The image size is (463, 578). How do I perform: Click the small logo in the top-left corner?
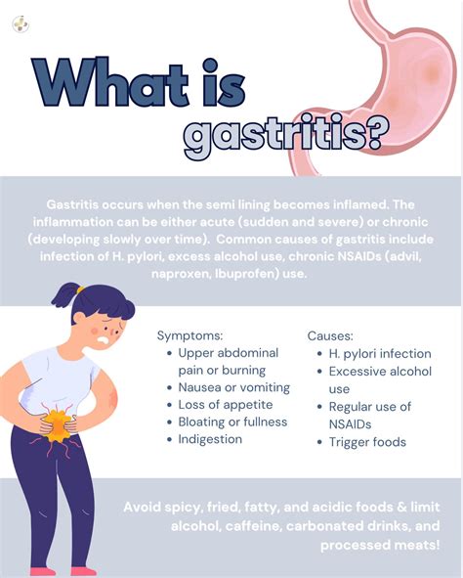click(21, 23)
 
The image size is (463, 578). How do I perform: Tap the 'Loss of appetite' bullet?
click(226, 404)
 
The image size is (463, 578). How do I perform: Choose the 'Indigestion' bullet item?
click(210, 439)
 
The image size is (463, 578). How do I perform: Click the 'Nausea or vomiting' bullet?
click(233, 387)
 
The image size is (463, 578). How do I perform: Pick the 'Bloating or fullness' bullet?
click(232, 422)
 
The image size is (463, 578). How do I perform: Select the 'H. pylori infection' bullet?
click(380, 353)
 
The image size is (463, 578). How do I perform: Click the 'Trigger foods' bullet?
click(367, 442)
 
